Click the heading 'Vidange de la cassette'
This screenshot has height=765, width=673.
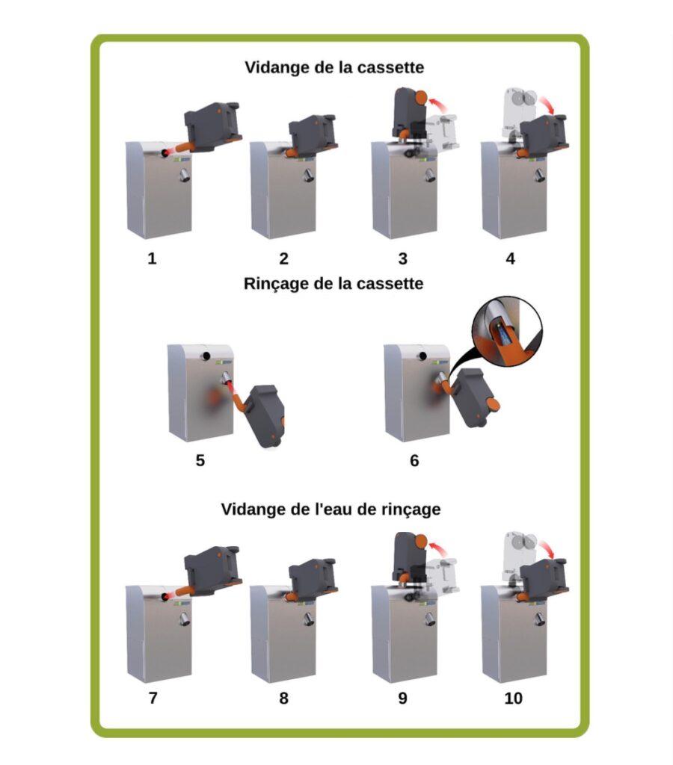click(x=334, y=67)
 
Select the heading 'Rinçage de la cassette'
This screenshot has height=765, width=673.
click(x=334, y=284)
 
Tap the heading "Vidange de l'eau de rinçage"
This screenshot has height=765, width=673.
click(x=331, y=510)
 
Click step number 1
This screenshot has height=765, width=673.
click(x=152, y=258)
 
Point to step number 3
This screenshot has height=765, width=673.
click(x=402, y=258)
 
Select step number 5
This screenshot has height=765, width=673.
click(x=200, y=460)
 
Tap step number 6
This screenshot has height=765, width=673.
click(x=414, y=460)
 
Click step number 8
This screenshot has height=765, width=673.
click(x=283, y=699)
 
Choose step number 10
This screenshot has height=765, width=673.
click(x=513, y=699)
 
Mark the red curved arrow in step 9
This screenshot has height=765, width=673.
click(x=440, y=547)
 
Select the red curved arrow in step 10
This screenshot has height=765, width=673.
click(x=548, y=548)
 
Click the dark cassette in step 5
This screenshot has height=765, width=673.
click(x=264, y=416)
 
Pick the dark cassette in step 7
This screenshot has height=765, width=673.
click(x=212, y=569)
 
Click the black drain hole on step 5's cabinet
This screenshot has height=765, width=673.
click(x=206, y=356)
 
